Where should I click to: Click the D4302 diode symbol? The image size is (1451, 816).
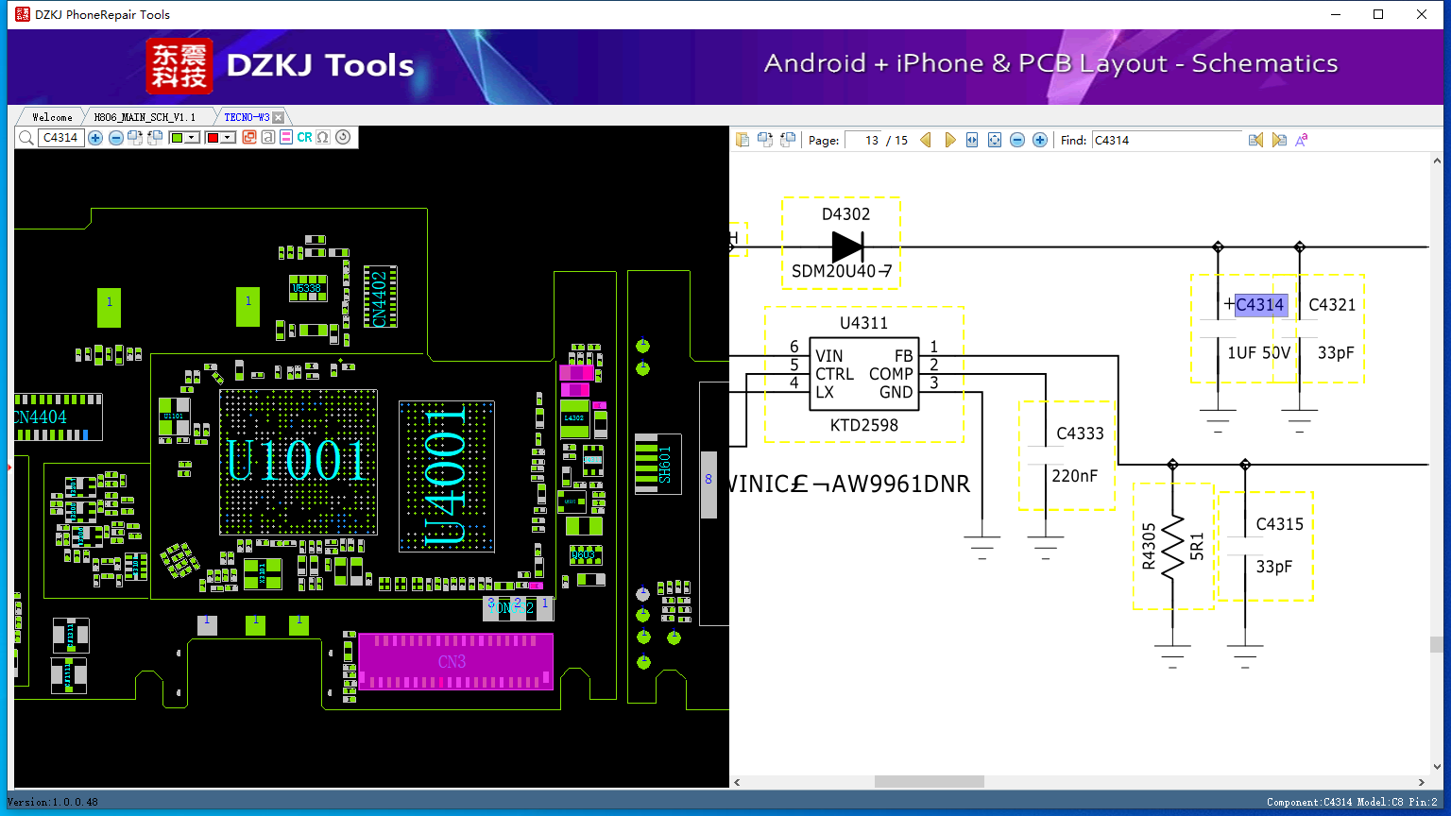pos(847,247)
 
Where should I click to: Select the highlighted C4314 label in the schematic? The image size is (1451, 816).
pos(1259,304)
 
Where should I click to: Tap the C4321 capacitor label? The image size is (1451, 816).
pos(1332,304)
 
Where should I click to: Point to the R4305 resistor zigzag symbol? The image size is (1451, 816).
pos(1173,547)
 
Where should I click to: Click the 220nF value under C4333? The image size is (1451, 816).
pos(1075,476)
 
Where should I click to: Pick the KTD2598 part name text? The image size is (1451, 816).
pos(863,425)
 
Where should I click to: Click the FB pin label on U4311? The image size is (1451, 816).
pos(903,356)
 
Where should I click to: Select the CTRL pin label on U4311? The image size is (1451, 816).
pos(834,374)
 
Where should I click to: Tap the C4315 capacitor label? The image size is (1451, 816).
pos(1279,524)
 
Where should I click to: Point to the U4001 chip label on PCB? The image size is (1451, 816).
pos(445,477)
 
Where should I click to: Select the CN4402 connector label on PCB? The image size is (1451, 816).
pos(380,298)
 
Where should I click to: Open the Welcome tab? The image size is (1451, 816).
pos(52,117)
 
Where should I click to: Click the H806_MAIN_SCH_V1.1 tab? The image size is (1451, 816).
pos(145,117)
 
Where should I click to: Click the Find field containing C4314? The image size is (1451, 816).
pos(1167,140)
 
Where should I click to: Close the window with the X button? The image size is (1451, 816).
pos(1421,14)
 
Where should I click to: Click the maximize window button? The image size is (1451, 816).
pos(1378,14)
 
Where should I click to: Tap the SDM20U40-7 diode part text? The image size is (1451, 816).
pos(842,272)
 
